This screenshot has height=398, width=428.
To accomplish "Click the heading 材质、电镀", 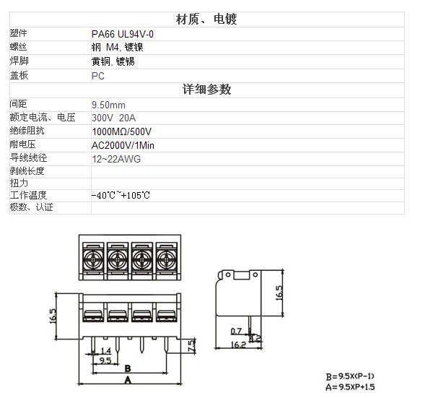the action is (x=206, y=19).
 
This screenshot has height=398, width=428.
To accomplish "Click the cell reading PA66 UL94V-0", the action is (x=123, y=34).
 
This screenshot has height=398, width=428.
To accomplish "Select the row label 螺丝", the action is (x=18, y=47).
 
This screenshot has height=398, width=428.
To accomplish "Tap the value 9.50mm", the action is (x=108, y=105).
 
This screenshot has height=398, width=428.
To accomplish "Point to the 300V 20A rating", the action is (x=113, y=118).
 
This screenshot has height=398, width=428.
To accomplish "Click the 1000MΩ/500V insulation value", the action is (x=122, y=131).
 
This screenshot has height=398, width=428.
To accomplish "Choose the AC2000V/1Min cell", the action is (x=123, y=145).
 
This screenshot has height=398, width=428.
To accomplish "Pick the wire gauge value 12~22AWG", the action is (x=116, y=159).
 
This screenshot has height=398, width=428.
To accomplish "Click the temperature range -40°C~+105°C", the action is (x=121, y=195).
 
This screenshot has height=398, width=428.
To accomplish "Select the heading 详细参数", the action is (x=206, y=90).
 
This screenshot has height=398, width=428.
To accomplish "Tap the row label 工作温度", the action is (x=28, y=195).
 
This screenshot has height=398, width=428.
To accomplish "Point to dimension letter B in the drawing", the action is (x=128, y=368).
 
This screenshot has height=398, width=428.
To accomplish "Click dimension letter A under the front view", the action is (x=128, y=380).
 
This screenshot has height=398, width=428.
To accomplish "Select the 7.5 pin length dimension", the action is (x=191, y=345).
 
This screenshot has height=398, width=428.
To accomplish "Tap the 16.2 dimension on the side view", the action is (x=238, y=345).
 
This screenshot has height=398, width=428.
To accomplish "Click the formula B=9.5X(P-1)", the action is (x=350, y=376).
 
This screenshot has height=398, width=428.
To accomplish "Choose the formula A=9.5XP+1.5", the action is (x=350, y=387).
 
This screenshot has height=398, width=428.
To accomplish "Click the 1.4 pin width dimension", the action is (x=106, y=350).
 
